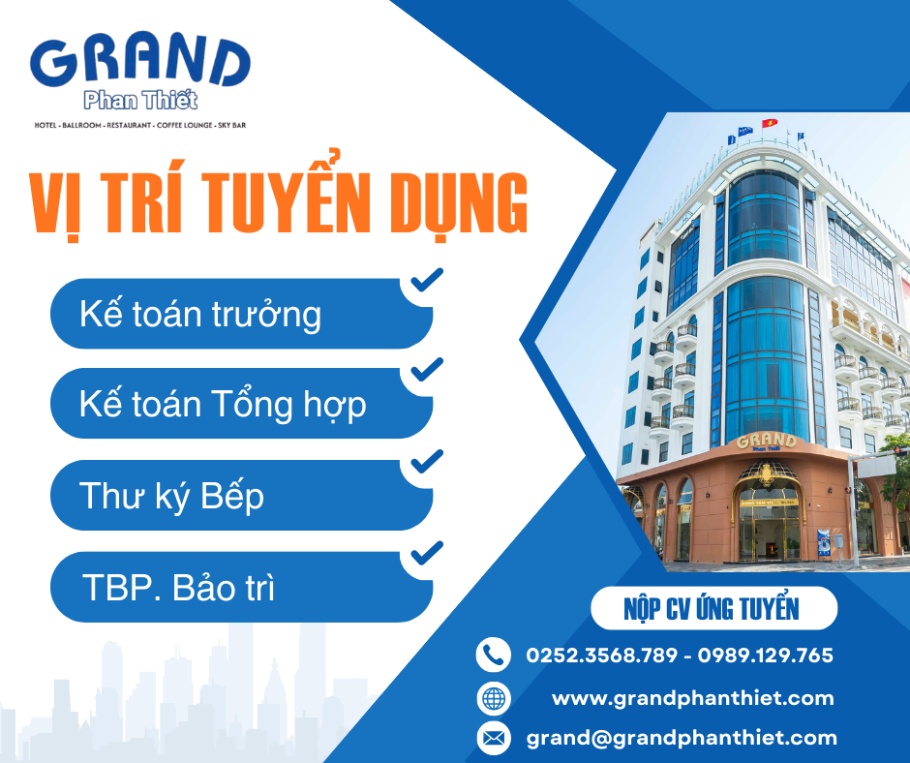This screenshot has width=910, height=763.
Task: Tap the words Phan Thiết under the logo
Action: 140,101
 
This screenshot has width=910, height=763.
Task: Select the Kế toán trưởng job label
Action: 200,315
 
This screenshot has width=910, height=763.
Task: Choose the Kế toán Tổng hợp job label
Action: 223,404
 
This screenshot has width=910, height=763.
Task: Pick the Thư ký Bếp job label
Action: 171,497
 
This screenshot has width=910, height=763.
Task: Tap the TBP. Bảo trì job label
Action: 179,588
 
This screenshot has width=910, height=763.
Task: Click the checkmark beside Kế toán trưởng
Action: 427,279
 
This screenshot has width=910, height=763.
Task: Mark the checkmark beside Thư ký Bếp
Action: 427,461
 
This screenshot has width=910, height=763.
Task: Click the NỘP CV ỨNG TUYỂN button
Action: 713,608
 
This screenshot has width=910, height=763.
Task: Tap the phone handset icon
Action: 494,655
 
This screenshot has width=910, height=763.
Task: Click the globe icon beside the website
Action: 494,698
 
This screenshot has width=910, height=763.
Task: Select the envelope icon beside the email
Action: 494,738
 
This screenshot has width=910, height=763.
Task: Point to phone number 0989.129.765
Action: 766,656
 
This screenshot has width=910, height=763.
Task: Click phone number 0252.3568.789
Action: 602,656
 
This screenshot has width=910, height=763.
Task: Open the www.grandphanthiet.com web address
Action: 693,698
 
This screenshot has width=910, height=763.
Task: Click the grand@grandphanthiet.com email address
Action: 682,738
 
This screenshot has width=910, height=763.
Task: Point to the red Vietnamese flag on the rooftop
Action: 770,123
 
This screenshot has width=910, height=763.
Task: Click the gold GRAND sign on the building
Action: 767,441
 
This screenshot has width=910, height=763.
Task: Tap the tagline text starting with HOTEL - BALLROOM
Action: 139,125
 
